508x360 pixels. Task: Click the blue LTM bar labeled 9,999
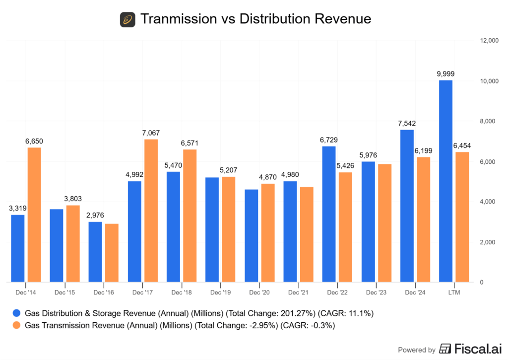pos(445,181)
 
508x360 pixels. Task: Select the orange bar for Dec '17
pos(151,211)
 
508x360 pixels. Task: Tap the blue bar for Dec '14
pos(18,248)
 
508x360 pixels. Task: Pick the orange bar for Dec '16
pos(112,253)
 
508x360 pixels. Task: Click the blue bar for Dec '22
pos(328,214)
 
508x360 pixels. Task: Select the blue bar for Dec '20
pos(251,235)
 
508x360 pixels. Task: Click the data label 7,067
pos(151,133)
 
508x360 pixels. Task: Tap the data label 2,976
pos(96,215)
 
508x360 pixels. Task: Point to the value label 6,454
pos(462,145)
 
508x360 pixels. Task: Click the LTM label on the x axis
pos(453,292)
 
